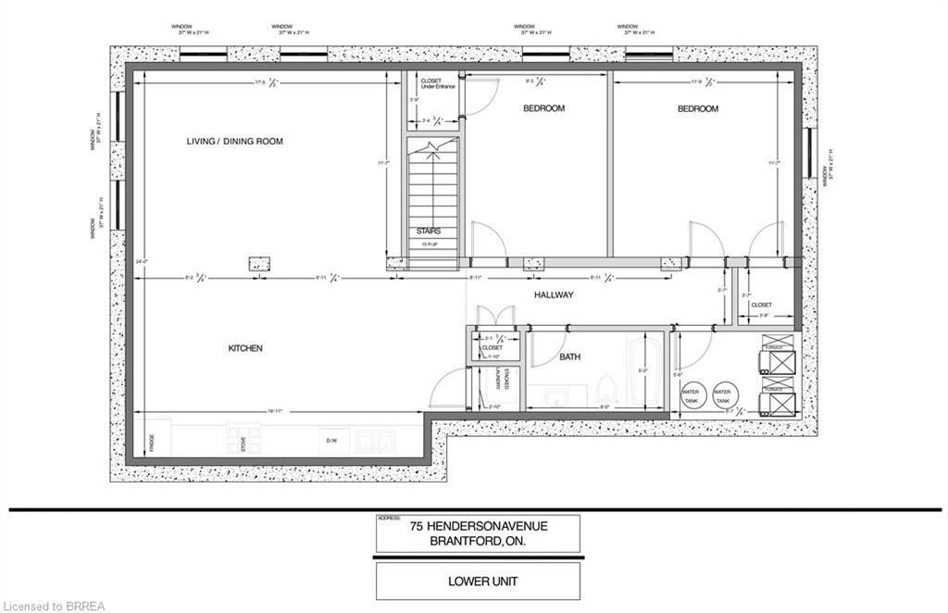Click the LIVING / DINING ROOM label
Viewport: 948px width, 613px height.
[234, 142]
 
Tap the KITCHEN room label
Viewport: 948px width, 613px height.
[245, 348]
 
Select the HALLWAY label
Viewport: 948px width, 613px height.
[554, 294]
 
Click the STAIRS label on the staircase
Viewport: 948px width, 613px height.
[428, 231]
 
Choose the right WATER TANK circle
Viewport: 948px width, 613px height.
[723, 394]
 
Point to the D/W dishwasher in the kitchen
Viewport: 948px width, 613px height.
[331, 442]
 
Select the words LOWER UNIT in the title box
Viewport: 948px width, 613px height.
[478, 582]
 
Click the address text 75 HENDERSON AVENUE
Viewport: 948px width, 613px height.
[479, 526]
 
